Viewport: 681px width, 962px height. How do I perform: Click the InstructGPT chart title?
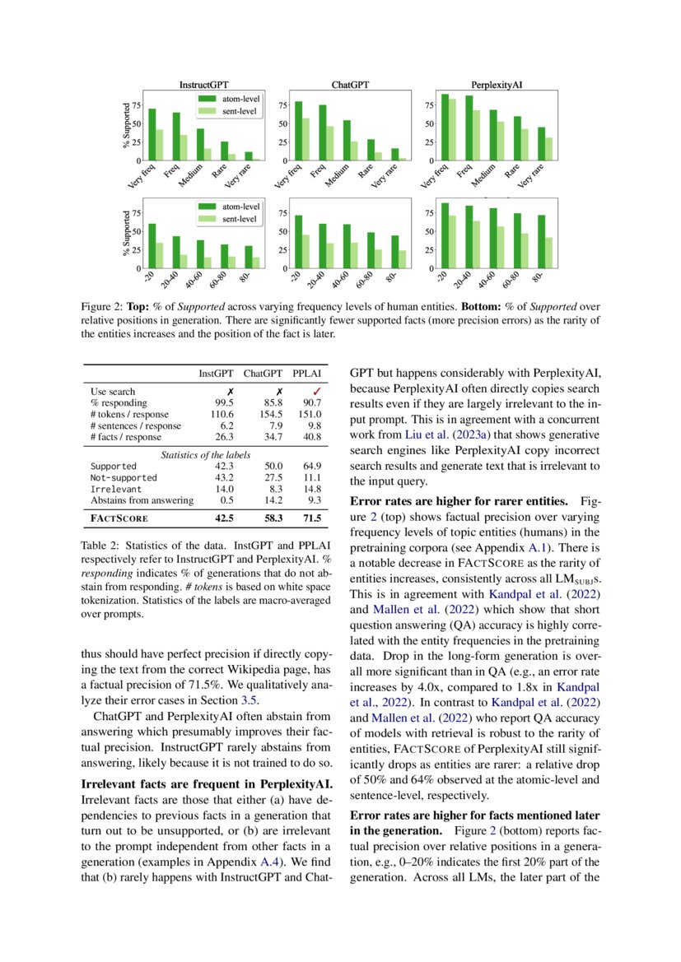click(x=204, y=85)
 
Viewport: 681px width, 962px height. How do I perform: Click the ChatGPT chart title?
click(x=350, y=85)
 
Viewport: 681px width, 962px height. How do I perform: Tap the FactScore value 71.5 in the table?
click(x=310, y=519)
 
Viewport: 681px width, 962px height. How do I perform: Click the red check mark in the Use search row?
click(x=310, y=391)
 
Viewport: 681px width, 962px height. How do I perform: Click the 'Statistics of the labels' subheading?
click(x=206, y=455)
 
